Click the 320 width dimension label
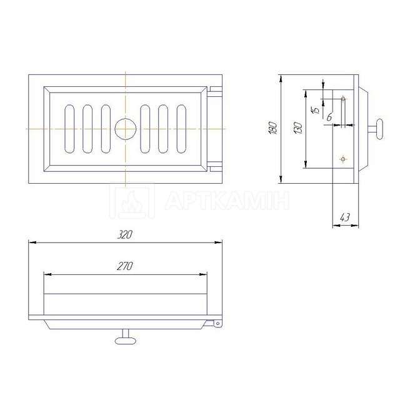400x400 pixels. [x=125, y=235]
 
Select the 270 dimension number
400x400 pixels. [x=125, y=266]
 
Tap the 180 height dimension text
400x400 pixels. [x=272, y=128]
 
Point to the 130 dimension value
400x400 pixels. [x=298, y=128]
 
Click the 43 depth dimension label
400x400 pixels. [x=345, y=217]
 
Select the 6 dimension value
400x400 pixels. [x=329, y=117]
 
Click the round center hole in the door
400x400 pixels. [x=126, y=129]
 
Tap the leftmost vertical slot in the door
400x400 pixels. [x=69, y=129]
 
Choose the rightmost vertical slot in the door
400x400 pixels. [x=181, y=129]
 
